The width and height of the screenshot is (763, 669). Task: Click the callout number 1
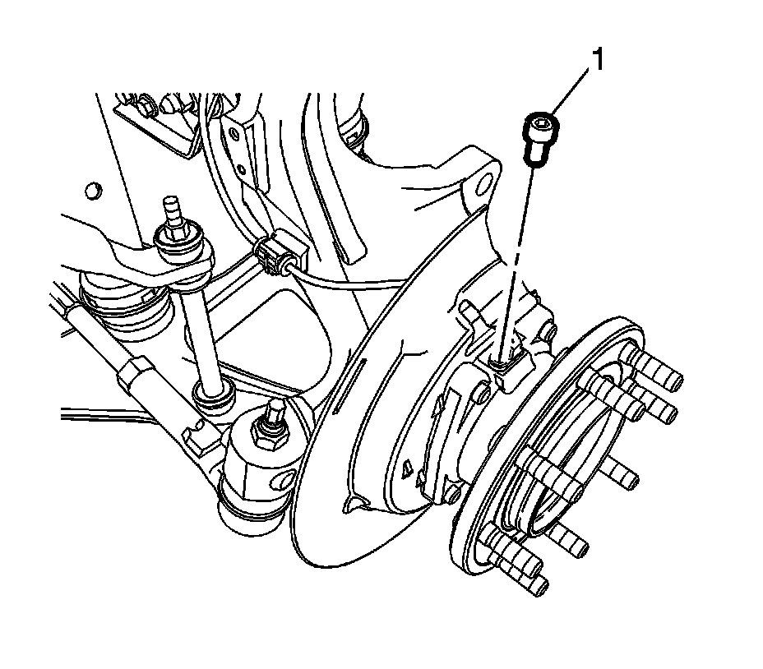pos(597,59)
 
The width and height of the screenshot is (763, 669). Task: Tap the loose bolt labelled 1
pos(540,138)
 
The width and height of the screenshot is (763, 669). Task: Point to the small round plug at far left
pos(91,190)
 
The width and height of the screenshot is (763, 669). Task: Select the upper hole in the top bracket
pos(235,134)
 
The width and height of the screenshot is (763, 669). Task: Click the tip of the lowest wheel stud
pos(542,587)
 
